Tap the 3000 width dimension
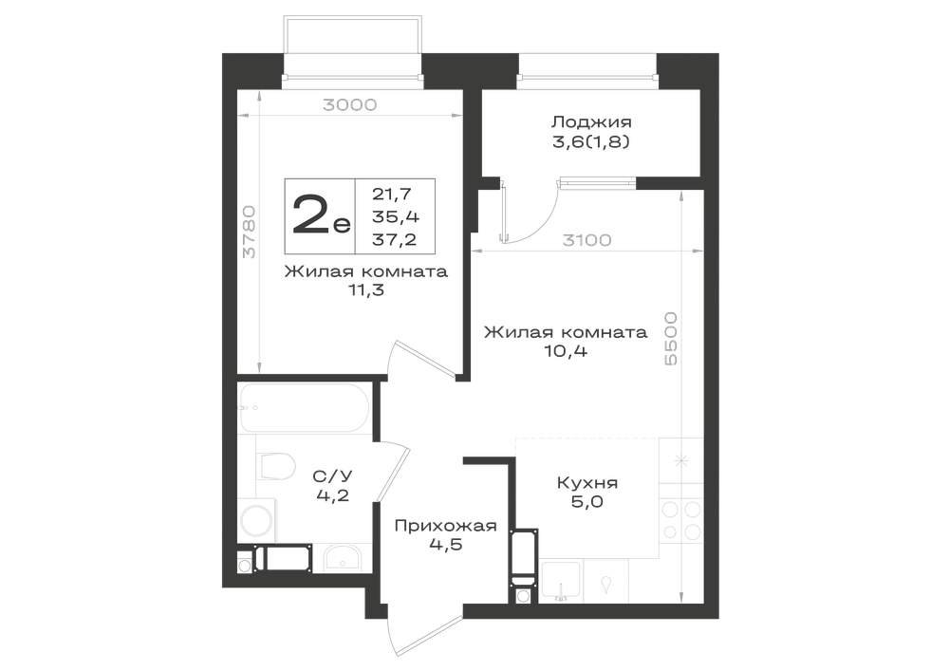point(350,105)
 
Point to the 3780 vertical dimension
point(250,233)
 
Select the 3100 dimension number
point(586,240)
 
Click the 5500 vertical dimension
point(671,339)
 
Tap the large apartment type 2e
point(321,216)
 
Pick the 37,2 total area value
point(395,239)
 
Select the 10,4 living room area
point(566,351)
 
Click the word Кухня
point(587,483)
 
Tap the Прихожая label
point(445,525)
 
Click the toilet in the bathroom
point(275,466)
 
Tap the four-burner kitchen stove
point(680,520)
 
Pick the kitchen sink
point(561,580)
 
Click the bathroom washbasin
point(342,558)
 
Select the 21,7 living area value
point(392,195)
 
